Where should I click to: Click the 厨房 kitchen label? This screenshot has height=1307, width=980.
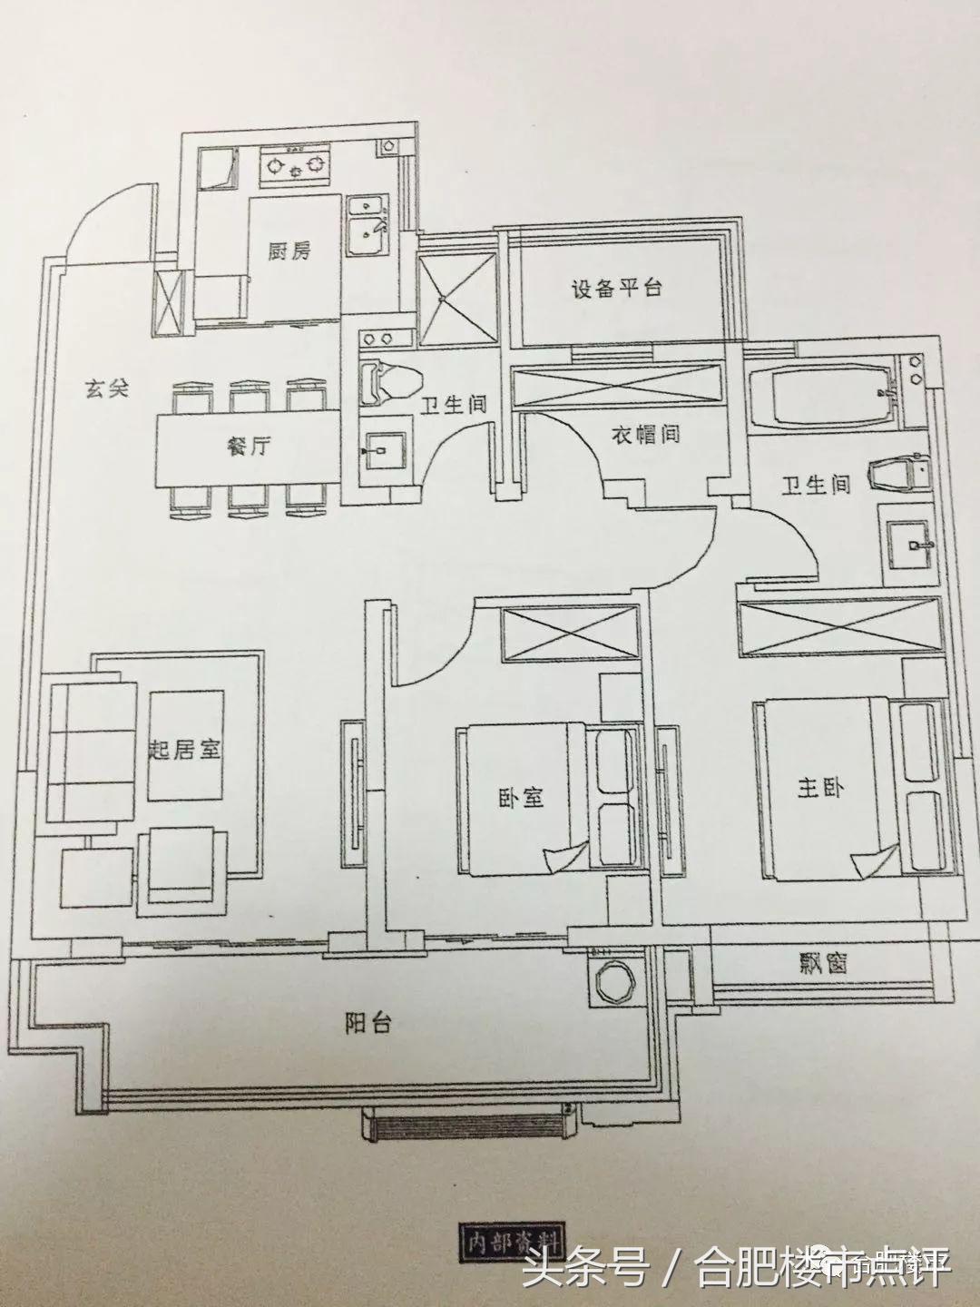pyautogui.click(x=288, y=251)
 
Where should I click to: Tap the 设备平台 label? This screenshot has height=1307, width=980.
pyautogui.click(x=616, y=290)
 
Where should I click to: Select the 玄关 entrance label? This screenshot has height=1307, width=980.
pyautogui.click(x=107, y=390)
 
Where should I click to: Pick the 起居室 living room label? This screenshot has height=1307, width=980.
pyautogui.click(x=185, y=751)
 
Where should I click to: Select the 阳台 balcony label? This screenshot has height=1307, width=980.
pyautogui.click(x=368, y=1024)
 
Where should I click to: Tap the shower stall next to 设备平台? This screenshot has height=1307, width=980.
pyautogui.click(x=457, y=296)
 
